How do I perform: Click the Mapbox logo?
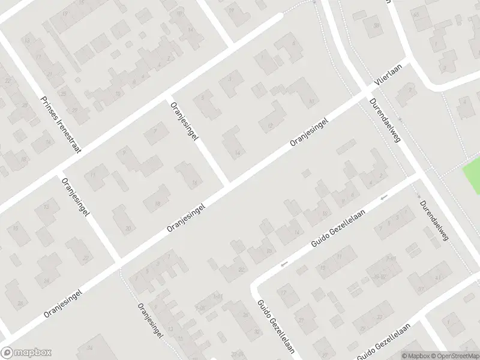click(x=26, y=353)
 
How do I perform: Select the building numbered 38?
click(x=377, y=25)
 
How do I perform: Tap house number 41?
click(x=438, y=277)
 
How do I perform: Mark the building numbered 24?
click(x=46, y=280)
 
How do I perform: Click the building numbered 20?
click(x=128, y=229)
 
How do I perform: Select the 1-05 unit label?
click(x=199, y=308)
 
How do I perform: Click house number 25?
click(x=62, y=94)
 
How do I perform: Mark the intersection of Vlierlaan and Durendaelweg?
click(x=367, y=92)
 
